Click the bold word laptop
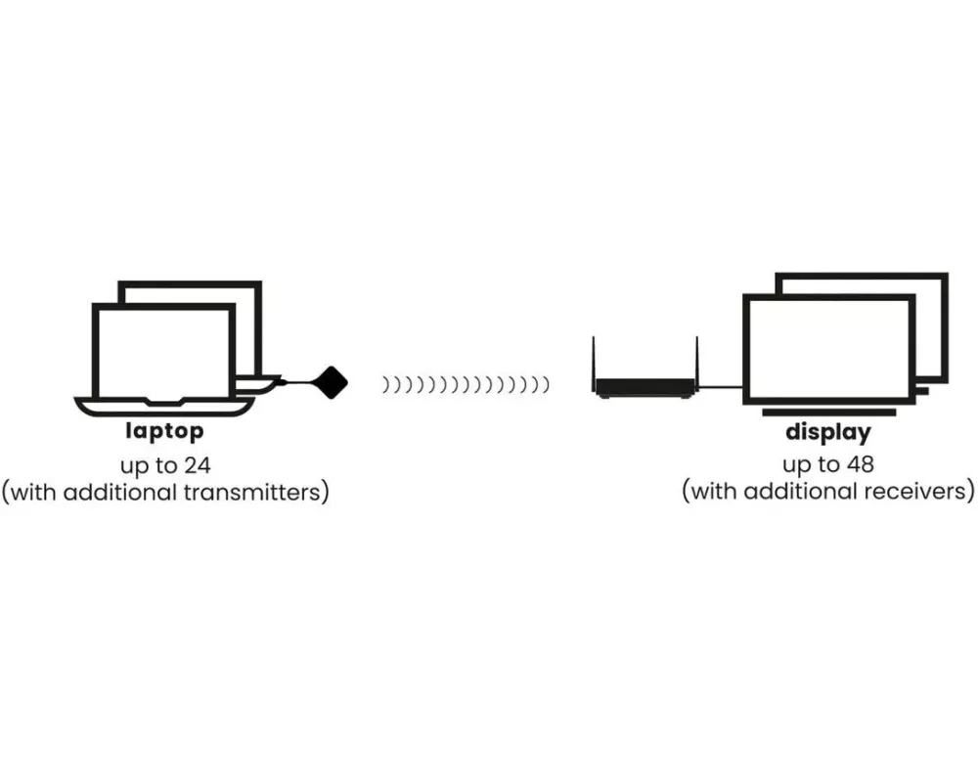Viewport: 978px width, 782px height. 164,431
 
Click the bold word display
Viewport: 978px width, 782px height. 827,431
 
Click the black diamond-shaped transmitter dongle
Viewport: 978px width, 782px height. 333,380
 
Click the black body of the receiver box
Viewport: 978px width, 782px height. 645,388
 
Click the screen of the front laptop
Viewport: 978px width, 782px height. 163,352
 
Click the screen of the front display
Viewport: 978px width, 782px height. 827,347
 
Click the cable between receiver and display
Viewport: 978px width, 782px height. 721,386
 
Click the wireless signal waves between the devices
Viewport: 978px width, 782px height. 465,385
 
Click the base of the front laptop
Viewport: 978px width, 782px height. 162,404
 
